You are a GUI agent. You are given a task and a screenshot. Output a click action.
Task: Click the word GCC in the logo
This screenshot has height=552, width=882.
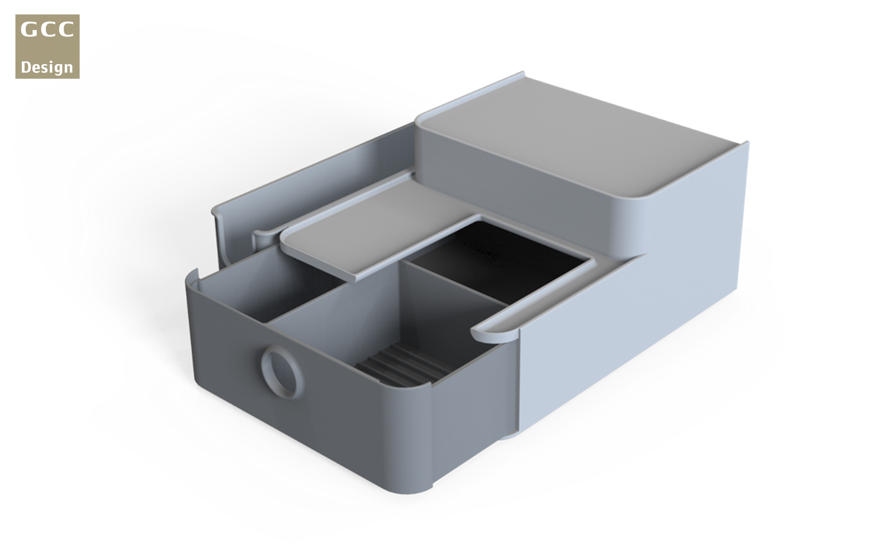coord(47,30)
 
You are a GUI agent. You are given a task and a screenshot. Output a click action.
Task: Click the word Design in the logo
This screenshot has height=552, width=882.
coord(47,67)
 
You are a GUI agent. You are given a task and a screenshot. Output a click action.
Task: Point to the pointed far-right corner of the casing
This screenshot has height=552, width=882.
coord(746,144)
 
